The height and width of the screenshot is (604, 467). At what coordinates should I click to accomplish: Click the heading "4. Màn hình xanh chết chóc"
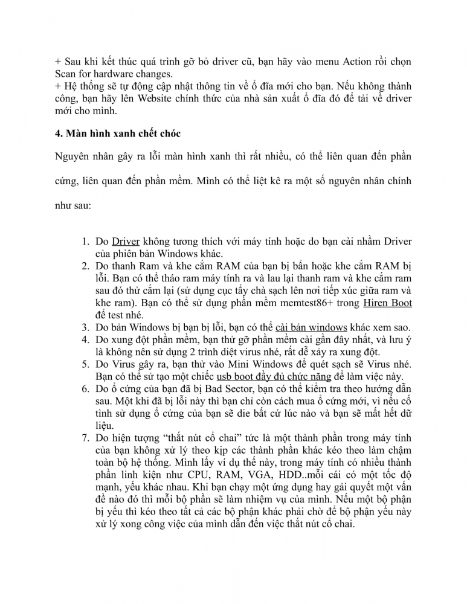point(114,133)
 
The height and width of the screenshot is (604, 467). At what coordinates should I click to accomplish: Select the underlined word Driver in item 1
point(126,242)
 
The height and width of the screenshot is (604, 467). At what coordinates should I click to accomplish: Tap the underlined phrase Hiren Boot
point(387,303)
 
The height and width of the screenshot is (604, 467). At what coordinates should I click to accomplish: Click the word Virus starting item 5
point(123,364)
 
